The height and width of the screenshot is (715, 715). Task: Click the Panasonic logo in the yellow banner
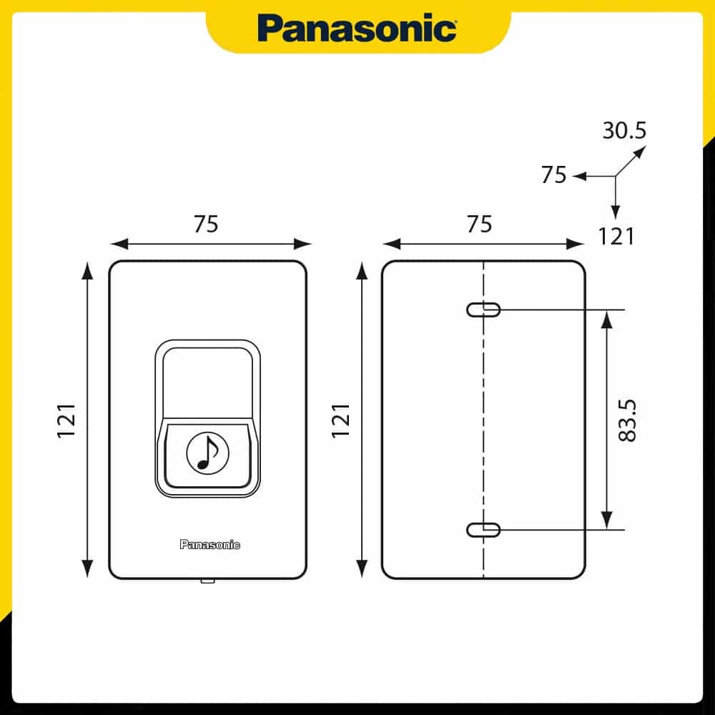point(357,28)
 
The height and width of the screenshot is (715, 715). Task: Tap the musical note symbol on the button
point(208,453)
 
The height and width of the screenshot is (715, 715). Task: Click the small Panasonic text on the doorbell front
point(209,544)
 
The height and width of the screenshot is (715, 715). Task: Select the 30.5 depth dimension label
point(624,130)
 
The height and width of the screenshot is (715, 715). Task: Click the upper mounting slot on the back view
point(483,310)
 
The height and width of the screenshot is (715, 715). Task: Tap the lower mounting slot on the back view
point(483,530)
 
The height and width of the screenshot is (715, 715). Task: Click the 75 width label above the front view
point(206,224)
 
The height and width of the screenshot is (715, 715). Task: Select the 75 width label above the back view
point(479,224)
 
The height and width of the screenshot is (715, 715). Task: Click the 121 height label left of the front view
point(66,421)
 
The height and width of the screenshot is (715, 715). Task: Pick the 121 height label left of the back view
point(340,421)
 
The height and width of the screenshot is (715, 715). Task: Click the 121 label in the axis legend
point(616,237)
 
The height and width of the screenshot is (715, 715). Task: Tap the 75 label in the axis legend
point(553,174)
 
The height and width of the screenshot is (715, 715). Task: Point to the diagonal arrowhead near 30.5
point(640,152)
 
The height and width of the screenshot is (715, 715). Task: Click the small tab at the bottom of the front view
point(208,581)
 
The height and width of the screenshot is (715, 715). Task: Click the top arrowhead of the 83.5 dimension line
point(606,320)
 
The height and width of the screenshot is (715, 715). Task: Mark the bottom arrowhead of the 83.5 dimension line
point(606,521)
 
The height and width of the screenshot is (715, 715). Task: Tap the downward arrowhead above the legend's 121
point(616,212)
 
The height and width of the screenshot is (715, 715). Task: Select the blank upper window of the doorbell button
point(208,382)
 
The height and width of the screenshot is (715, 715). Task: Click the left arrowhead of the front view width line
point(119,244)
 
